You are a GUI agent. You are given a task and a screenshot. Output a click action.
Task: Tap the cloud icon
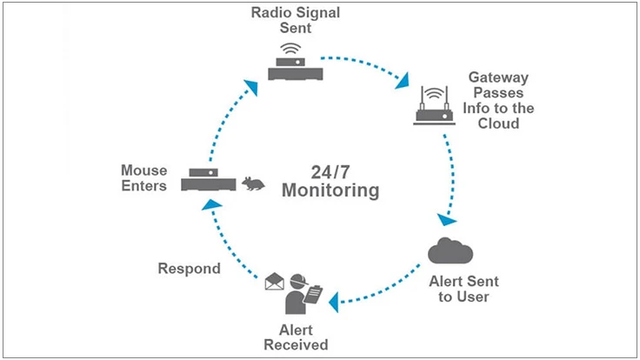(450, 251)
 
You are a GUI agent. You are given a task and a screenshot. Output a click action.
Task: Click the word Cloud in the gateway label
(498, 123)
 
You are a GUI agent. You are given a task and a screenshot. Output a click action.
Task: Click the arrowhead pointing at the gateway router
(403, 83)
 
